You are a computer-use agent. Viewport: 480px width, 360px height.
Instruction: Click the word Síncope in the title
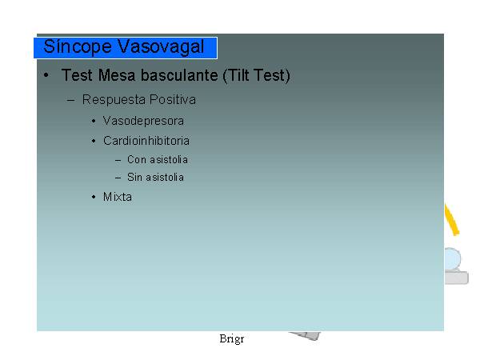(x=78, y=47)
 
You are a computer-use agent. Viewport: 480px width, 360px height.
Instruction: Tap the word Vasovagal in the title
(x=161, y=46)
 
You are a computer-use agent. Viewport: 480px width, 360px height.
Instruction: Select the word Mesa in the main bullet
(x=117, y=75)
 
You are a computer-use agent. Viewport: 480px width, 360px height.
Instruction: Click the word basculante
(x=179, y=75)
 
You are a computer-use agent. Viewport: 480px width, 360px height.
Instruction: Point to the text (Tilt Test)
(x=256, y=75)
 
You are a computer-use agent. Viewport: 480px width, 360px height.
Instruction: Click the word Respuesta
(x=114, y=100)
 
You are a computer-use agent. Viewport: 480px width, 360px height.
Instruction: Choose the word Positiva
(x=173, y=99)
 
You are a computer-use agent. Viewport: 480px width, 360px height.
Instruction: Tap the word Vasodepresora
(x=143, y=121)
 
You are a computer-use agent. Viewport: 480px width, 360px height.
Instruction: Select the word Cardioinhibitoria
(x=146, y=141)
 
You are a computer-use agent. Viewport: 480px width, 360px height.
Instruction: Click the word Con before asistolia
(x=137, y=159)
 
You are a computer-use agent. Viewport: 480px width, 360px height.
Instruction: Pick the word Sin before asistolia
(x=134, y=178)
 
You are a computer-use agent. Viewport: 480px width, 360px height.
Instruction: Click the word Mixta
(x=118, y=197)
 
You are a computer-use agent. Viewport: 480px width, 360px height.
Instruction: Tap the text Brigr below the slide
(x=232, y=339)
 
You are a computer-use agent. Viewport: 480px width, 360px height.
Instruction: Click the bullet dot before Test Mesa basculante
(x=46, y=75)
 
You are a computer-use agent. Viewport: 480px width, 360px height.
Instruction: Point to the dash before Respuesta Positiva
(x=70, y=100)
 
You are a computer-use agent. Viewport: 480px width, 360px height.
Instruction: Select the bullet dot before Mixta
(x=94, y=197)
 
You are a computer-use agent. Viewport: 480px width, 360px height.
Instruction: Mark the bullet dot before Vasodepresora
(x=94, y=122)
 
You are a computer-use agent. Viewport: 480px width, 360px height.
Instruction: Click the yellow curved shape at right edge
(x=452, y=220)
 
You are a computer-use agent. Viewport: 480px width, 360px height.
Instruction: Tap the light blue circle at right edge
(x=452, y=259)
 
